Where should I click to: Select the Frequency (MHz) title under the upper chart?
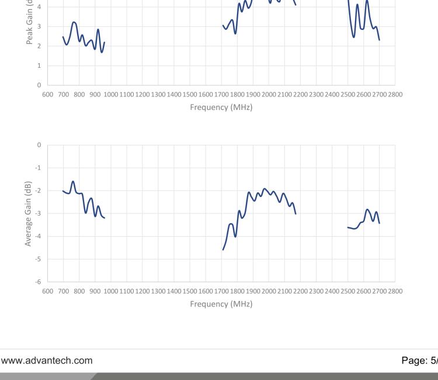221,107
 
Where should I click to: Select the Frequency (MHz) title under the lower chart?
221,303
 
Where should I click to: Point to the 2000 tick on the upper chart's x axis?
269,94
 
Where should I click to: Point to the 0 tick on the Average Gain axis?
40,144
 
